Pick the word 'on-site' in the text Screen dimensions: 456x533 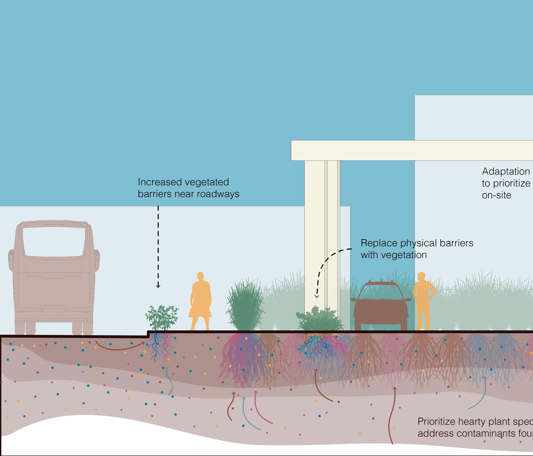point(497,195)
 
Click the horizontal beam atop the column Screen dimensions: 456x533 point(412,150)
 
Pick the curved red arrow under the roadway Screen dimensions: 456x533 point(120,347)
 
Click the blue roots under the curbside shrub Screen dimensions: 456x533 point(155,347)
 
